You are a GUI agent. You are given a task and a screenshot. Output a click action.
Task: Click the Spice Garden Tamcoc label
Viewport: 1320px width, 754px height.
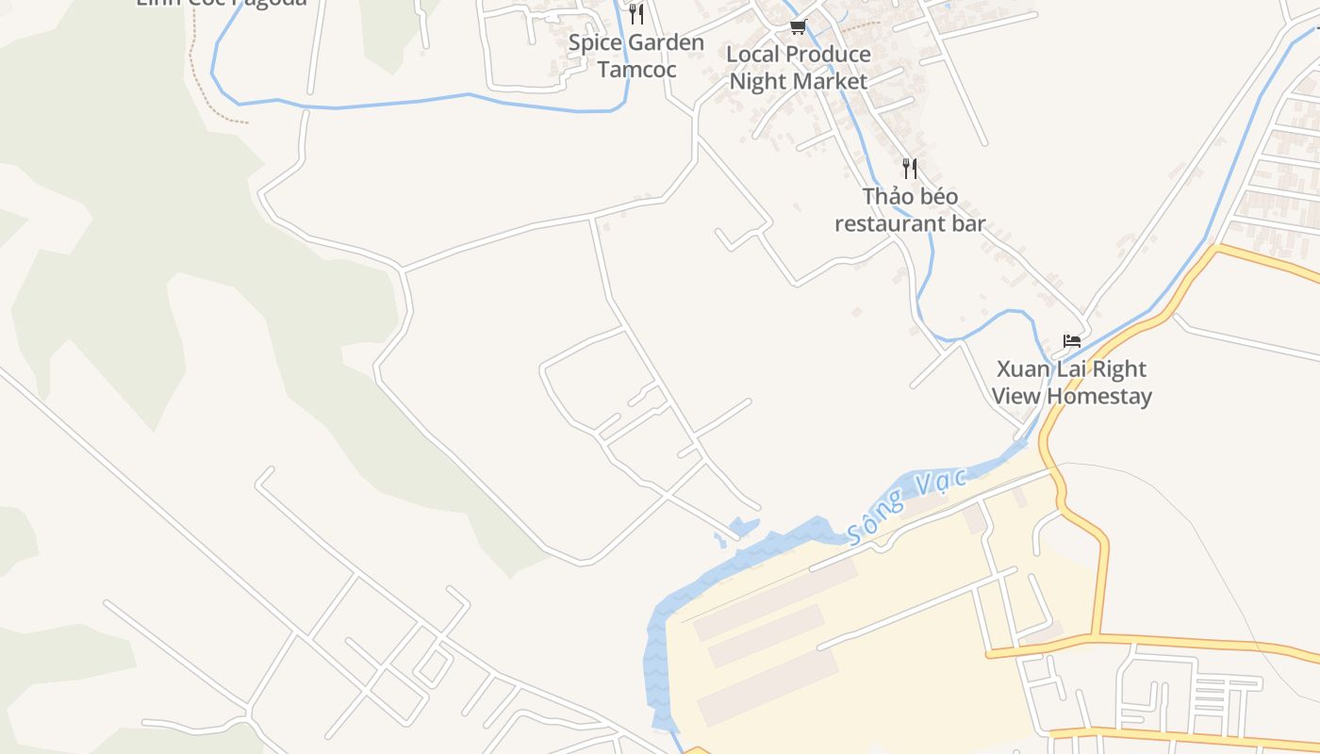tap(636, 56)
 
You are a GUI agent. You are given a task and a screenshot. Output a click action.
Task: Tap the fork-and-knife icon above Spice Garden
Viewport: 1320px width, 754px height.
tap(636, 13)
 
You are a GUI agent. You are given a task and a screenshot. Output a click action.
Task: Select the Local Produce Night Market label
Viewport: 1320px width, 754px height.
tap(799, 68)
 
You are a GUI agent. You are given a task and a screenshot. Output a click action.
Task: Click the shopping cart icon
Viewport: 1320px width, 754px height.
tap(799, 26)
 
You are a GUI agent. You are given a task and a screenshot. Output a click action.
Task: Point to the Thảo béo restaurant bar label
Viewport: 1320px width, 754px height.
tap(910, 210)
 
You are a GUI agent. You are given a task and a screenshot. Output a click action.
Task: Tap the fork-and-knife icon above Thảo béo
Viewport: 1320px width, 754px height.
tap(910, 169)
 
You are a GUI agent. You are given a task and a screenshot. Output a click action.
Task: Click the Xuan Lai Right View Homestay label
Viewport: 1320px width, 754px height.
tap(1072, 382)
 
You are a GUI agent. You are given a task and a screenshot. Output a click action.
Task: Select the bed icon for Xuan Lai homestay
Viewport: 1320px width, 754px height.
tap(1072, 340)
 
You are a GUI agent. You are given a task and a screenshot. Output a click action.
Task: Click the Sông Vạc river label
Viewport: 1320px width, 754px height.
tap(907, 506)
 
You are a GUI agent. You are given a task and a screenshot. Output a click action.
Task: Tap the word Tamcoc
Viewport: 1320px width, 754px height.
tap(636, 70)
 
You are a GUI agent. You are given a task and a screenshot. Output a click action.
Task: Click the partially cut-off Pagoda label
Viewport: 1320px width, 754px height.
tap(222, 3)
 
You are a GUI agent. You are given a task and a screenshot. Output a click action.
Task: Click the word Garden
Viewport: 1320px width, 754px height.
tap(667, 42)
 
